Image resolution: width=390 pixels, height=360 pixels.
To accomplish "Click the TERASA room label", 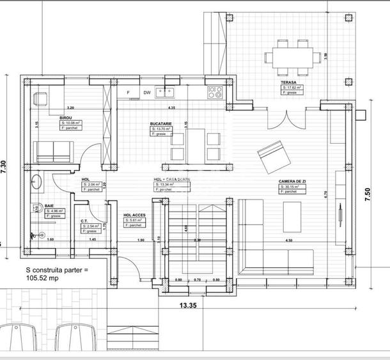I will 287,82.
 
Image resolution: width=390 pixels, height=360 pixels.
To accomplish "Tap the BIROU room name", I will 65,118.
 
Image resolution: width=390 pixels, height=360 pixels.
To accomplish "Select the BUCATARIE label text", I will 161,124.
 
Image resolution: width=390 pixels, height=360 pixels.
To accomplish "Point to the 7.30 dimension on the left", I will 5,168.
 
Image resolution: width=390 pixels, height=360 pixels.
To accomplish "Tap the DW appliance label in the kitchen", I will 147,93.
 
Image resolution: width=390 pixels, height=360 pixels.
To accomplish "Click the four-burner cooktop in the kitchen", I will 214,92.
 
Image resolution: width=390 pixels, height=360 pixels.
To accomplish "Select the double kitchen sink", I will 170,91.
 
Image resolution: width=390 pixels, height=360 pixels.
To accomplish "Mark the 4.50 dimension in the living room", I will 290,240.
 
